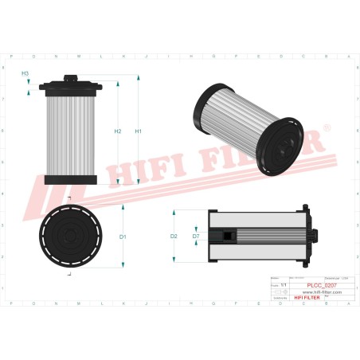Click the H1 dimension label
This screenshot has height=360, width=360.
[138, 131]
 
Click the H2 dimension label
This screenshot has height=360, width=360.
[117, 131]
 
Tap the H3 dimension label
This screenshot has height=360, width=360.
[25, 73]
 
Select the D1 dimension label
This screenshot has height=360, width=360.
[123, 237]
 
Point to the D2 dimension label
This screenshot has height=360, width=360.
[174, 237]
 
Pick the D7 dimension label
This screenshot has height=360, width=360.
[196, 237]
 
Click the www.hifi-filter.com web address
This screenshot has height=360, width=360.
[322, 292]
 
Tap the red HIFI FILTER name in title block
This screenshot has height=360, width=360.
[307, 297]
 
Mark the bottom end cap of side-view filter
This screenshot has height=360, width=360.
[71, 180]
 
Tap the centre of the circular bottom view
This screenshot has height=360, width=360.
[71, 236]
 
